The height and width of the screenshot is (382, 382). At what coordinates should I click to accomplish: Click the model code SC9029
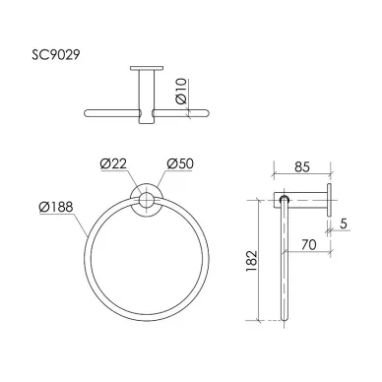click(x=55, y=54)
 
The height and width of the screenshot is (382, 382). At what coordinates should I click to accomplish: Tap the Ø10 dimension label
click(x=181, y=91)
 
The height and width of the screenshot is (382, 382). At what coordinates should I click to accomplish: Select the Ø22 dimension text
click(x=113, y=163)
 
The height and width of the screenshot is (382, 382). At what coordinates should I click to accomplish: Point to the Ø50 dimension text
click(x=180, y=163)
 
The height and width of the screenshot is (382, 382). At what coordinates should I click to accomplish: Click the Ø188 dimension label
click(x=56, y=207)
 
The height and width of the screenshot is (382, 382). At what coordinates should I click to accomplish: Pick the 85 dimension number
click(x=302, y=167)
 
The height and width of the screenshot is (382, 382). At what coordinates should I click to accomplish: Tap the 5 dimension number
click(x=344, y=223)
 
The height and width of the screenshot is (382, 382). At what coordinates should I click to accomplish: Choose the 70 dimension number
click(x=309, y=244)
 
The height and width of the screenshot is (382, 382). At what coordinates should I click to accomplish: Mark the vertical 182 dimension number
click(x=251, y=261)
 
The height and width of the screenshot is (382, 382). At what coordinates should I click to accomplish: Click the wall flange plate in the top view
click(x=147, y=68)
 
